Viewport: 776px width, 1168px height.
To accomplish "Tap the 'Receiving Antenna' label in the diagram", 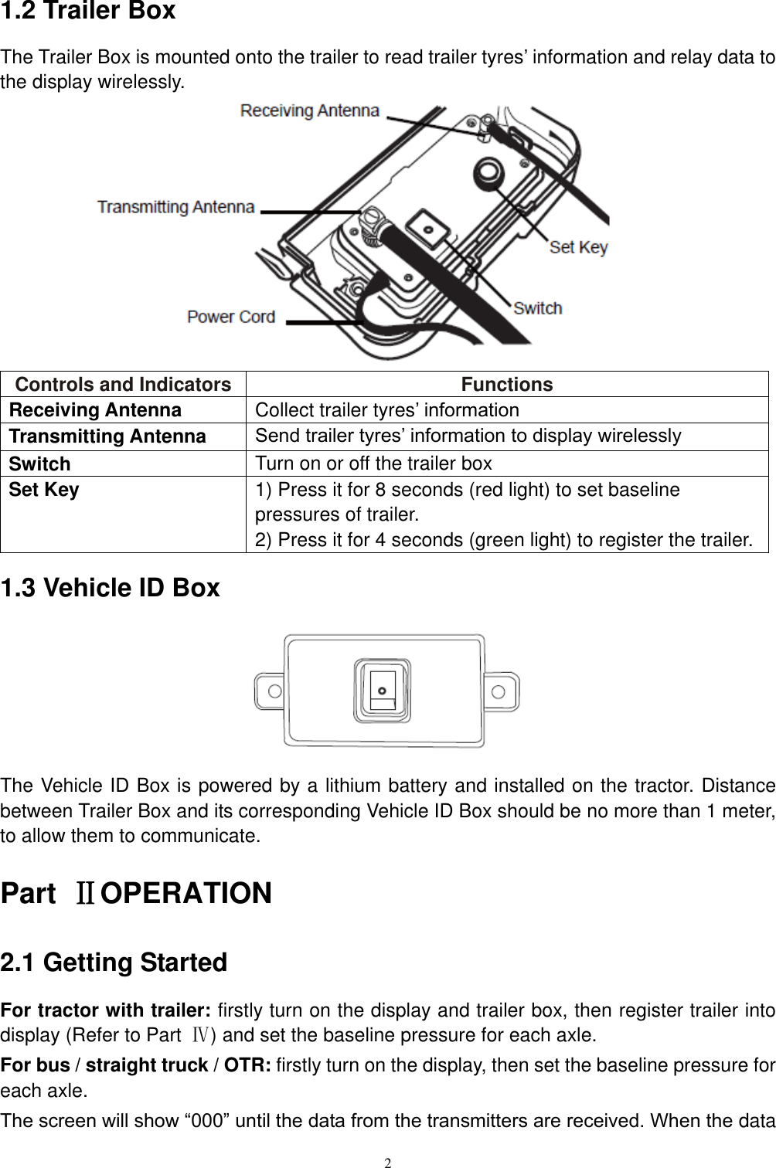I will [x=310, y=110].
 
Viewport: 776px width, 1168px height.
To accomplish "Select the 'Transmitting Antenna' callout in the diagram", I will [x=175, y=207].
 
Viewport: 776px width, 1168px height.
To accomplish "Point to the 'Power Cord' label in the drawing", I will [x=231, y=317].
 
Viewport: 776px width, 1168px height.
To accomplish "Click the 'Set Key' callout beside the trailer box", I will [x=578, y=247].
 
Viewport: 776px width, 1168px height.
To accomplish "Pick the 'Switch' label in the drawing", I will [x=537, y=308].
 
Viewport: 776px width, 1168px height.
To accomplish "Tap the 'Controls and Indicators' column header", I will [x=123, y=384].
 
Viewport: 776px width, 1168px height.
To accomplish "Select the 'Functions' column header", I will [x=507, y=384].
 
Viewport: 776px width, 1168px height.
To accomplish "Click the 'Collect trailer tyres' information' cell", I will [x=387, y=409].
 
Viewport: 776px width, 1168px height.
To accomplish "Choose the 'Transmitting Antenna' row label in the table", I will [x=107, y=436].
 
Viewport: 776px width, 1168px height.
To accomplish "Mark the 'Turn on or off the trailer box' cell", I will [x=373, y=463].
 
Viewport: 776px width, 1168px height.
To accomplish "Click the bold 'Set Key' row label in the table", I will [x=44, y=490].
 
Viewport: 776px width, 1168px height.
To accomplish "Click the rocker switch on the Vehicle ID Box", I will [x=383, y=690].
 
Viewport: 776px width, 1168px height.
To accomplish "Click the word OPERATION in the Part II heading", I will [x=186, y=894].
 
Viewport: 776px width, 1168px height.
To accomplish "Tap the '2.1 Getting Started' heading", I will [x=114, y=963].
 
